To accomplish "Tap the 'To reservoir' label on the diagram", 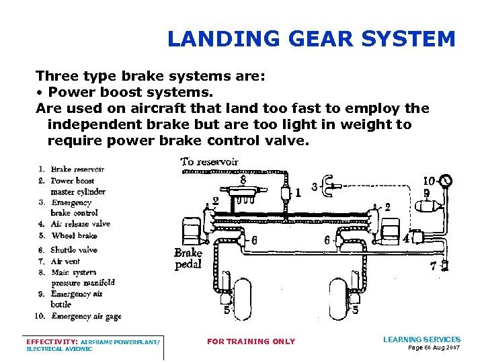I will pyautogui.click(x=209, y=161).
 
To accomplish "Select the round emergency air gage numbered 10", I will pyautogui.click(x=445, y=181).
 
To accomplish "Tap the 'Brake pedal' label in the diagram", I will pyautogui.click(x=188, y=258).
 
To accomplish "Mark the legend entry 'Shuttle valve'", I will pyautogui.click(x=74, y=250).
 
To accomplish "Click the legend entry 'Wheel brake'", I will pyautogui.click(x=74, y=236).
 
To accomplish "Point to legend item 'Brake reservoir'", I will pyautogui.click(x=77, y=169).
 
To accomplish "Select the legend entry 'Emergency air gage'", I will pyautogui.click(x=86, y=316).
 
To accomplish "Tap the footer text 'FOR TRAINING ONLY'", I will pyautogui.click(x=251, y=341).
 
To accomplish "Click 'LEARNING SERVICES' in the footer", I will pyautogui.click(x=421, y=339).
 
